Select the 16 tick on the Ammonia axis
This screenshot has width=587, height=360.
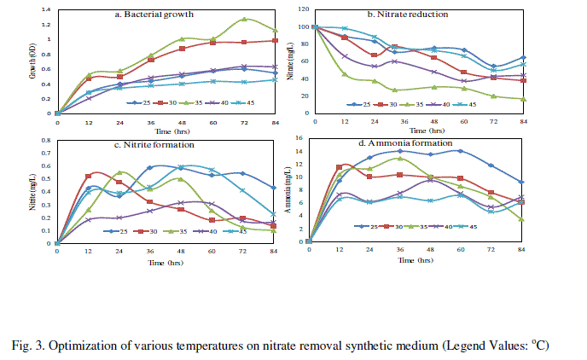click(299, 137)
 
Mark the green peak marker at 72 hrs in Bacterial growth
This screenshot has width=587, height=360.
click(244, 19)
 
